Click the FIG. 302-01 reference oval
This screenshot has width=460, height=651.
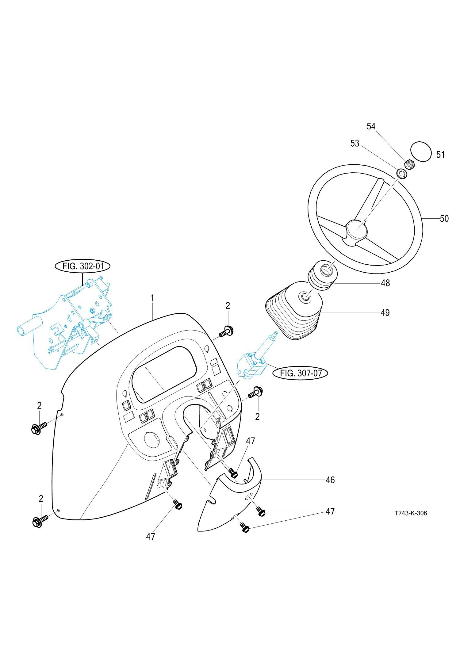82,266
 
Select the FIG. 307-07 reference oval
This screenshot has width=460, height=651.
300,373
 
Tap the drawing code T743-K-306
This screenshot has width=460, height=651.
410,513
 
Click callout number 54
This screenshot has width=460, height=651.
371,126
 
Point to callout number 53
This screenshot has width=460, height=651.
355,143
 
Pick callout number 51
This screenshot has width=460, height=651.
440,155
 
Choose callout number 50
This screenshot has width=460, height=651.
444,219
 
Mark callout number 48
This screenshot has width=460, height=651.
385,283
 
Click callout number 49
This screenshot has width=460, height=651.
385,313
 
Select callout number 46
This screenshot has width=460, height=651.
330,480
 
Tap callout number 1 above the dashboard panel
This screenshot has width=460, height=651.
152,298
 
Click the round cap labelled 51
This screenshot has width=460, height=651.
421,151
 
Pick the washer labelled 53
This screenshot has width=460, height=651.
402,174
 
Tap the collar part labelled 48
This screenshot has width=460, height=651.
323,275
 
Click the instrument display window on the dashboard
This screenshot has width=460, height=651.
164,374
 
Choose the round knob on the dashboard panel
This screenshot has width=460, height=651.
151,439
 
